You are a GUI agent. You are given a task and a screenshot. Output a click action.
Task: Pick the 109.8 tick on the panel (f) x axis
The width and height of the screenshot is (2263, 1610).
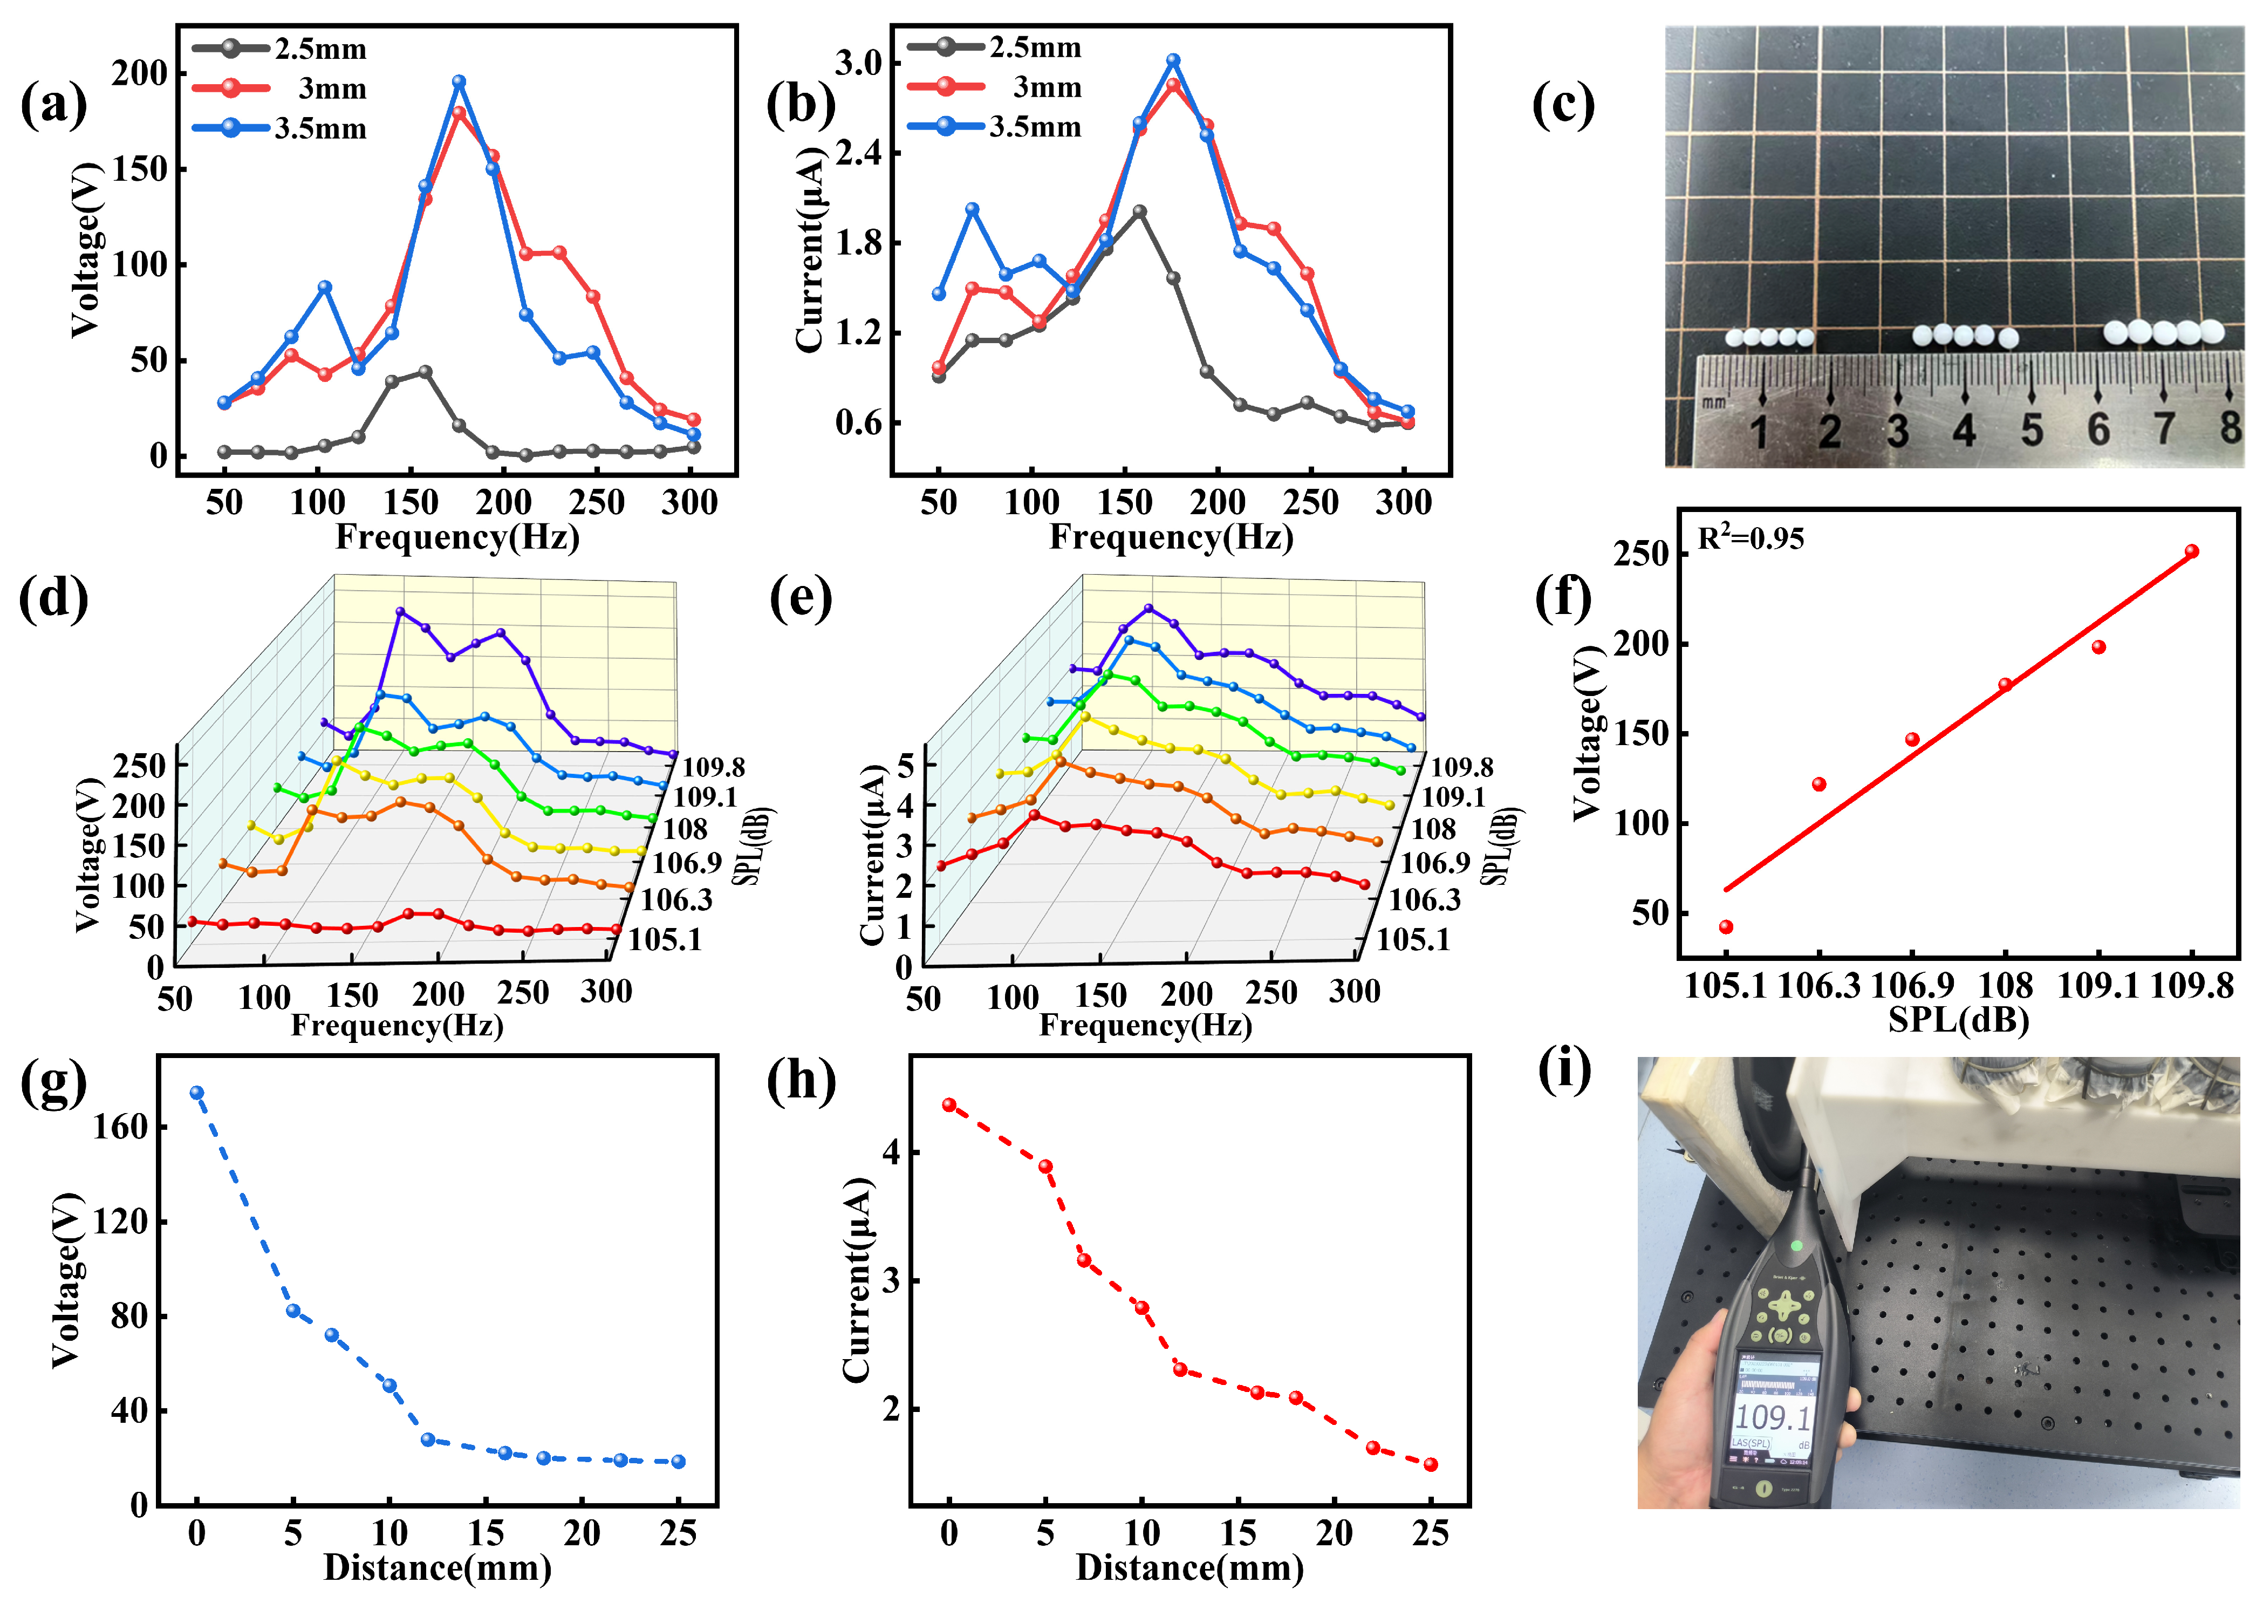(x=2192, y=986)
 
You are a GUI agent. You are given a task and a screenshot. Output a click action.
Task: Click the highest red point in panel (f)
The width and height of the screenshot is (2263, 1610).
(x=2192, y=551)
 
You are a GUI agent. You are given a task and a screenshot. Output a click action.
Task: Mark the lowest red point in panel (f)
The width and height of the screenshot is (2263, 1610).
(x=1726, y=927)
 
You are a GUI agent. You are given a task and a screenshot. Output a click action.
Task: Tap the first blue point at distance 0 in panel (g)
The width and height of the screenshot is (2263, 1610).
(x=196, y=1093)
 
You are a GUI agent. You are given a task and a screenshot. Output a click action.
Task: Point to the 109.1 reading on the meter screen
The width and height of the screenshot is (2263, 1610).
(x=1773, y=1416)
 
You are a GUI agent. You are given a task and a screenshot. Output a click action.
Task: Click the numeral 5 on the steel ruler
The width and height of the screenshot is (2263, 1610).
(x=2031, y=430)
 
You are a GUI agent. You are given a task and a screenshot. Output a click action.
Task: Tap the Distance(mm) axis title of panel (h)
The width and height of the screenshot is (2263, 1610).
(x=1189, y=1567)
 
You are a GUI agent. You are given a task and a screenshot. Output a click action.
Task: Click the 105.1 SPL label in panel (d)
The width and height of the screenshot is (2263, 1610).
(x=664, y=939)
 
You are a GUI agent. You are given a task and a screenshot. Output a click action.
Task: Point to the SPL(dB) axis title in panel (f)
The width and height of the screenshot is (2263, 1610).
(x=1958, y=1019)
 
